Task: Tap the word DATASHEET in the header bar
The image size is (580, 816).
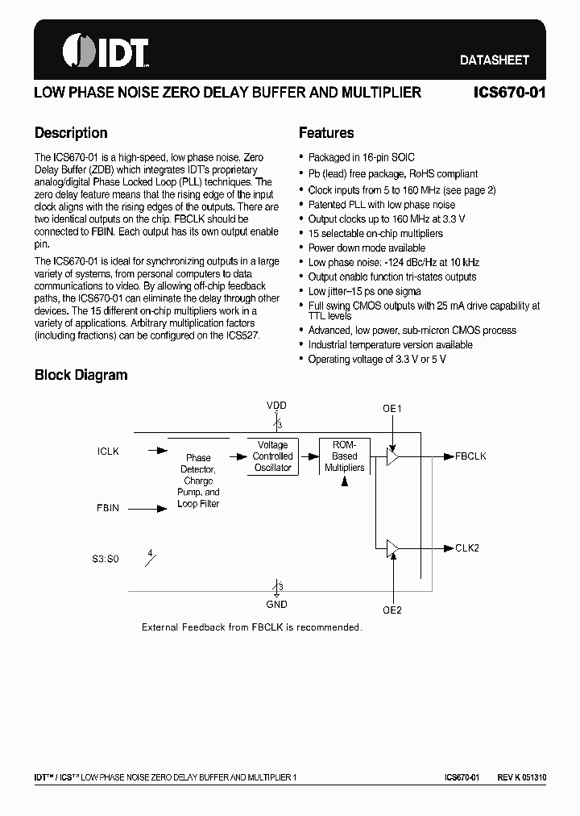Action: coord(494,60)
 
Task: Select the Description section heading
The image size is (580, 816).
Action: coord(71,133)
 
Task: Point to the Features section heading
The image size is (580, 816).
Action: coord(326,133)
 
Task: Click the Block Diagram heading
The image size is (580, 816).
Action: coord(81,375)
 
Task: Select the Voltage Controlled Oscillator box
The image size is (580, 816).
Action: coord(272,456)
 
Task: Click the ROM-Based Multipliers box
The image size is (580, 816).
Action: coord(345,456)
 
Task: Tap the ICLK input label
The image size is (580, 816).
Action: coord(108,452)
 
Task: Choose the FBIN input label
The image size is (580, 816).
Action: coord(108,508)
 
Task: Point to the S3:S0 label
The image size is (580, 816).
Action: coord(105,558)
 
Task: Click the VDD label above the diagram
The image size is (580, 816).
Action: coord(276,406)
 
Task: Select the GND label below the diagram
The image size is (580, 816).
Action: coord(276,604)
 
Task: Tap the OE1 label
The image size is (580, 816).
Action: coord(392,409)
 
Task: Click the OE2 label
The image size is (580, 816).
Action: coord(392,610)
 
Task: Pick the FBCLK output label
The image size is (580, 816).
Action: coord(470,456)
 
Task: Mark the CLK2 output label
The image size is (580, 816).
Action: coord(467,548)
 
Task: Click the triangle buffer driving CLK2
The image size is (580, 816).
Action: coord(392,548)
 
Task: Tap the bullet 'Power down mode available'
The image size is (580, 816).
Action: coord(367,248)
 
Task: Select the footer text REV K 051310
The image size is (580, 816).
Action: coord(521,777)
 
